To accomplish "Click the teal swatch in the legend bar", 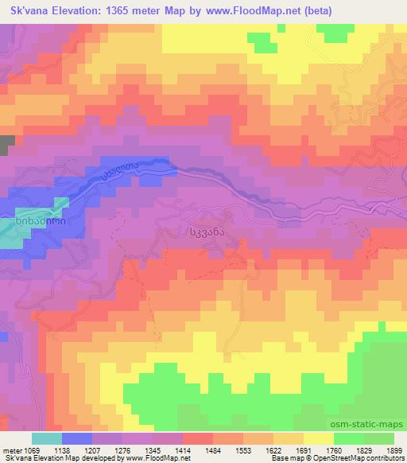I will pos(47,438).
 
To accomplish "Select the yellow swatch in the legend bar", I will pos(318,438).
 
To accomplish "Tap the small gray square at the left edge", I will pos(7,145).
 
